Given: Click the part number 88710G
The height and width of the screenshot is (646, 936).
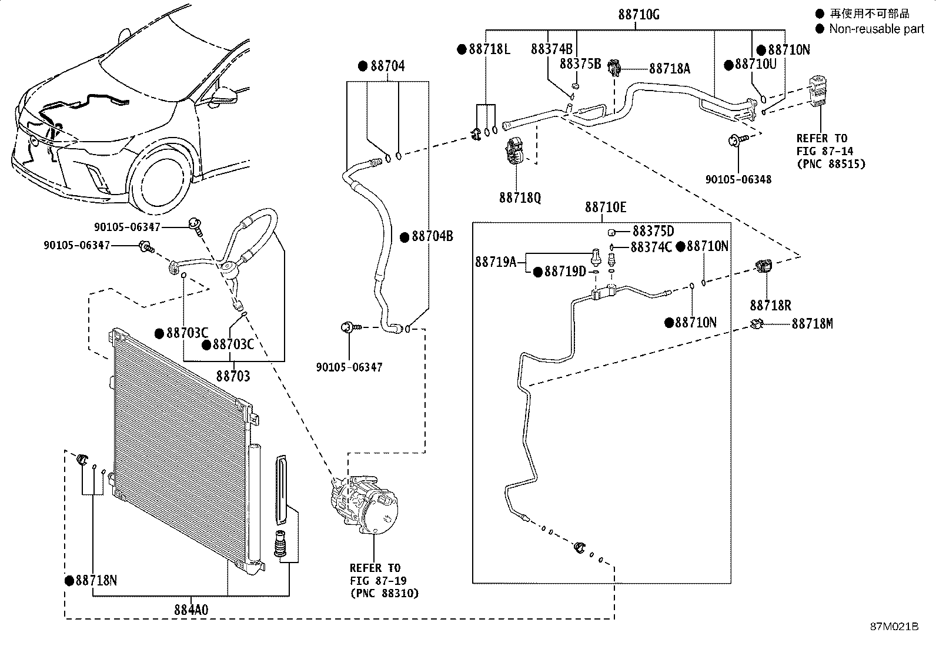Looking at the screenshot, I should [639, 15].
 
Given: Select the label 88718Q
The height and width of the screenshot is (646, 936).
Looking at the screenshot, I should [520, 198].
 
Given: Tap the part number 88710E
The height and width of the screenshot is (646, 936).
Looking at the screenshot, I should [606, 207].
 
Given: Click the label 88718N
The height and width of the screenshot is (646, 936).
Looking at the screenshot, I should [96, 581].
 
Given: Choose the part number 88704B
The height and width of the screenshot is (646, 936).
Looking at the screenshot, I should [432, 237].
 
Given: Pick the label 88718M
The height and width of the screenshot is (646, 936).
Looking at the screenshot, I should [812, 324].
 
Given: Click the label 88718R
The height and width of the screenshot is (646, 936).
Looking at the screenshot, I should [770, 306].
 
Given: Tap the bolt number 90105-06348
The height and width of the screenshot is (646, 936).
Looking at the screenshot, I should [738, 179].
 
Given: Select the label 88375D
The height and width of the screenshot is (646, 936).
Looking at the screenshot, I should [653, 232].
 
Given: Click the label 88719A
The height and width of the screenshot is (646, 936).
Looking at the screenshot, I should [496, 262].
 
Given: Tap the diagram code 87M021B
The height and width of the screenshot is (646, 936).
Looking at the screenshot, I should [894, 627].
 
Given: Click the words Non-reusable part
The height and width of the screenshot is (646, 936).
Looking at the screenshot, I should [877, 29].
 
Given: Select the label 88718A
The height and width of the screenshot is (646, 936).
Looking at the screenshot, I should [669, 69].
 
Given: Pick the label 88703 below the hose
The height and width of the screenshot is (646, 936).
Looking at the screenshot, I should [233, 376].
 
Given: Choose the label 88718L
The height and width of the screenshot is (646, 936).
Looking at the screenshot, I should [489, 49].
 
